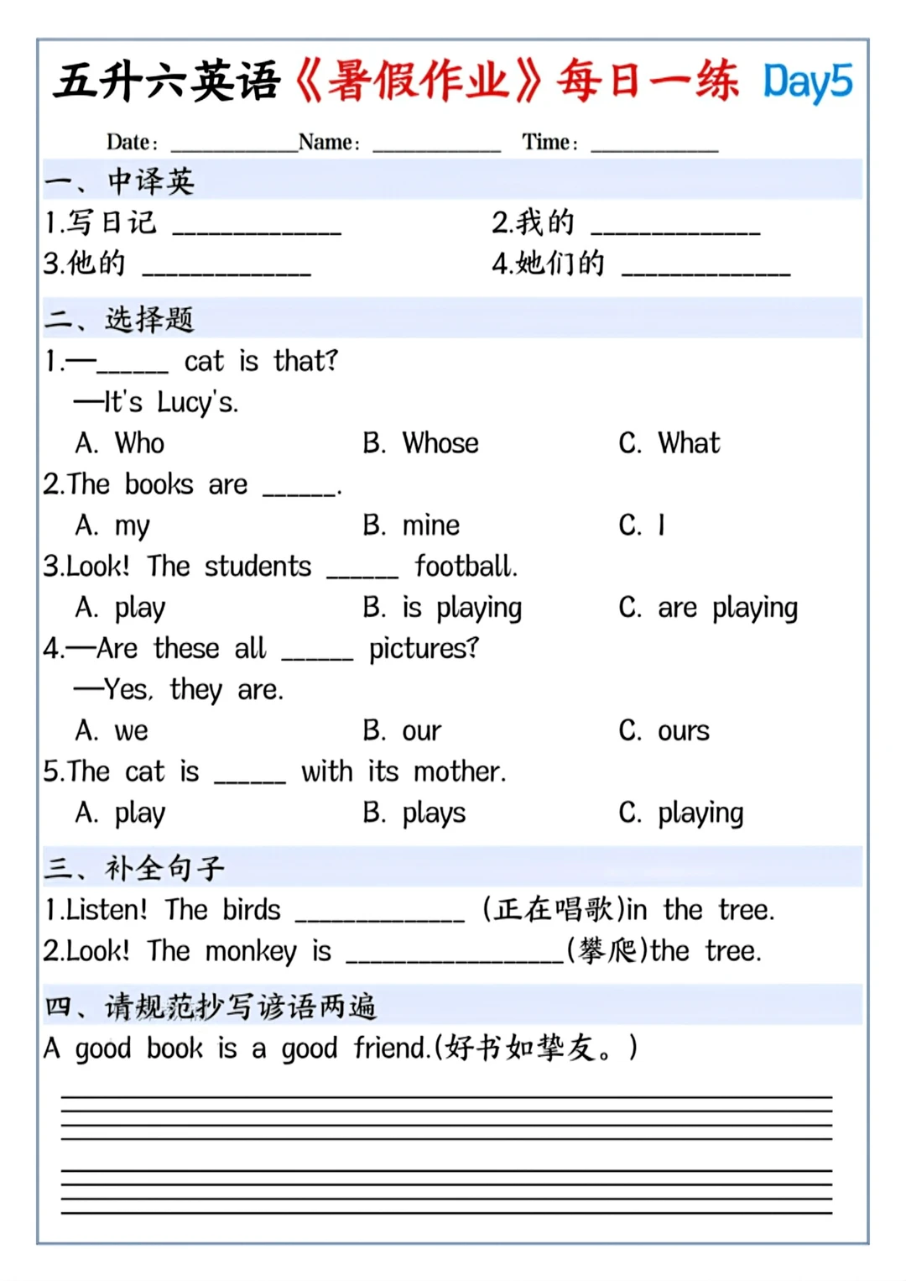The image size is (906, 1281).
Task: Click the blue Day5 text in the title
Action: pyautogui.click(x=807, y=82)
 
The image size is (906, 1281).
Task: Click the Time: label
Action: pyautogui.click(x=549, y=142)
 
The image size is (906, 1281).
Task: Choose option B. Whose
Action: pyautogui.click(x=421, y=443)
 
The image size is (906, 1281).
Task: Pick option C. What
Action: pyautogui.click(x=669, y=443)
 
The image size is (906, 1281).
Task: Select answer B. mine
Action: pyautogui.click(x=411, y=525)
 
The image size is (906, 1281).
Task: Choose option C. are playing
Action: pyautogui.click(x=708, y=608)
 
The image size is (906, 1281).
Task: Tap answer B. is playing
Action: pyautogui.click(x=442, y=608)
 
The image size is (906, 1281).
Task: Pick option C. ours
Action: pyautogui.click(x=664, y=731)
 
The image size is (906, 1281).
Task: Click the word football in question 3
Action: pyautogui.click(x=466, y=567)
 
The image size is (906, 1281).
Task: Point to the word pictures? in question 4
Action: pyautogui.click(x=424, y=649)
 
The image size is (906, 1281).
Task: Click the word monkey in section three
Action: pyautogui.click(x=251, y=951)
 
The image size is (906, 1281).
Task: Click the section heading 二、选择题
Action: pyautogui.click(x=119, y=319)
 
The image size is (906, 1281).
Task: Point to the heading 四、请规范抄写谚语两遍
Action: pyautogui.click(x=210, y=1006)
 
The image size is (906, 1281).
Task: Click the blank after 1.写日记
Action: pyautogui.click(x=257, y=228)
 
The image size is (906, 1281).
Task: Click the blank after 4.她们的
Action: pyautogui.click(x=706, y=269)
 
